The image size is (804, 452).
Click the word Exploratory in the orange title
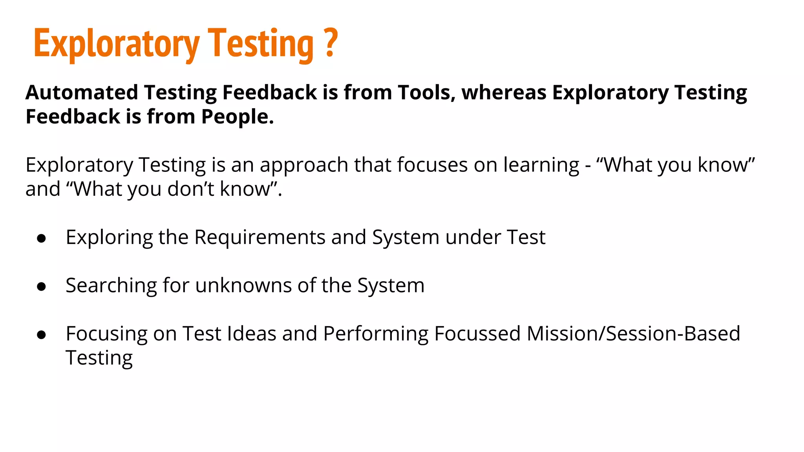pos(117,44)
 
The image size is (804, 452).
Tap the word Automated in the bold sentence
pos(82,93)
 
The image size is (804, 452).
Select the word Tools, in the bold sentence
pos(426,93)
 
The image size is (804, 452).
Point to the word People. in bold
pos(237,117)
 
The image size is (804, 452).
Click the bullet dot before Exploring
pos(41,238)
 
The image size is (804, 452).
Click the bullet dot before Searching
pos(41,286)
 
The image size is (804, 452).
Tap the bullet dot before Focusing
pos(41,335)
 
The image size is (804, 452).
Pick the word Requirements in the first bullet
pos(259,237)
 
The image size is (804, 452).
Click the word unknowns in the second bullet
pos(243,285)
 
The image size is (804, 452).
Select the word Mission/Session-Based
pos(633,334)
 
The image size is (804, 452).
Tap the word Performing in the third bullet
pos(375,334)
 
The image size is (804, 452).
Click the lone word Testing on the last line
pos(99,358)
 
